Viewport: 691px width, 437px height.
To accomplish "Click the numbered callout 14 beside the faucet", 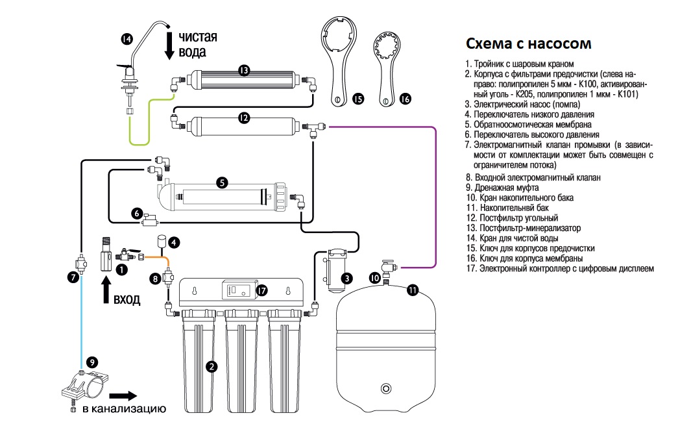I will coord(127,39).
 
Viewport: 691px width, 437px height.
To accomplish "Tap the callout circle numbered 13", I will coord(244,71).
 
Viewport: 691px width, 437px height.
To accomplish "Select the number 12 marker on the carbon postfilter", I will coord(244,118).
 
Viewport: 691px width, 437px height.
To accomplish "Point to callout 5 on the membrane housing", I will coord(223,182).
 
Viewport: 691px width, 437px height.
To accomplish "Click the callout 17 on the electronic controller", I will coord(261,290).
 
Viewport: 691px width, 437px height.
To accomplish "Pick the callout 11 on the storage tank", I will coord(412,290).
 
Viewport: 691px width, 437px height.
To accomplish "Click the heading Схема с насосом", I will coord(529,44).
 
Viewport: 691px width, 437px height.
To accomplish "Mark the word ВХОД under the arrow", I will coord(127,299).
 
